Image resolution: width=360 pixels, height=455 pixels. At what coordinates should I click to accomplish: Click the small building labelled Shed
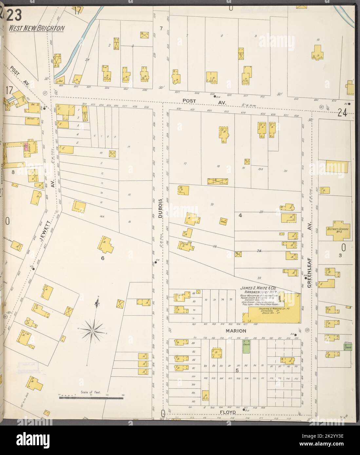[223, 220]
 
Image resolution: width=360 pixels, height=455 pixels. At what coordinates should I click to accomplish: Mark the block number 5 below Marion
[237, 371]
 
